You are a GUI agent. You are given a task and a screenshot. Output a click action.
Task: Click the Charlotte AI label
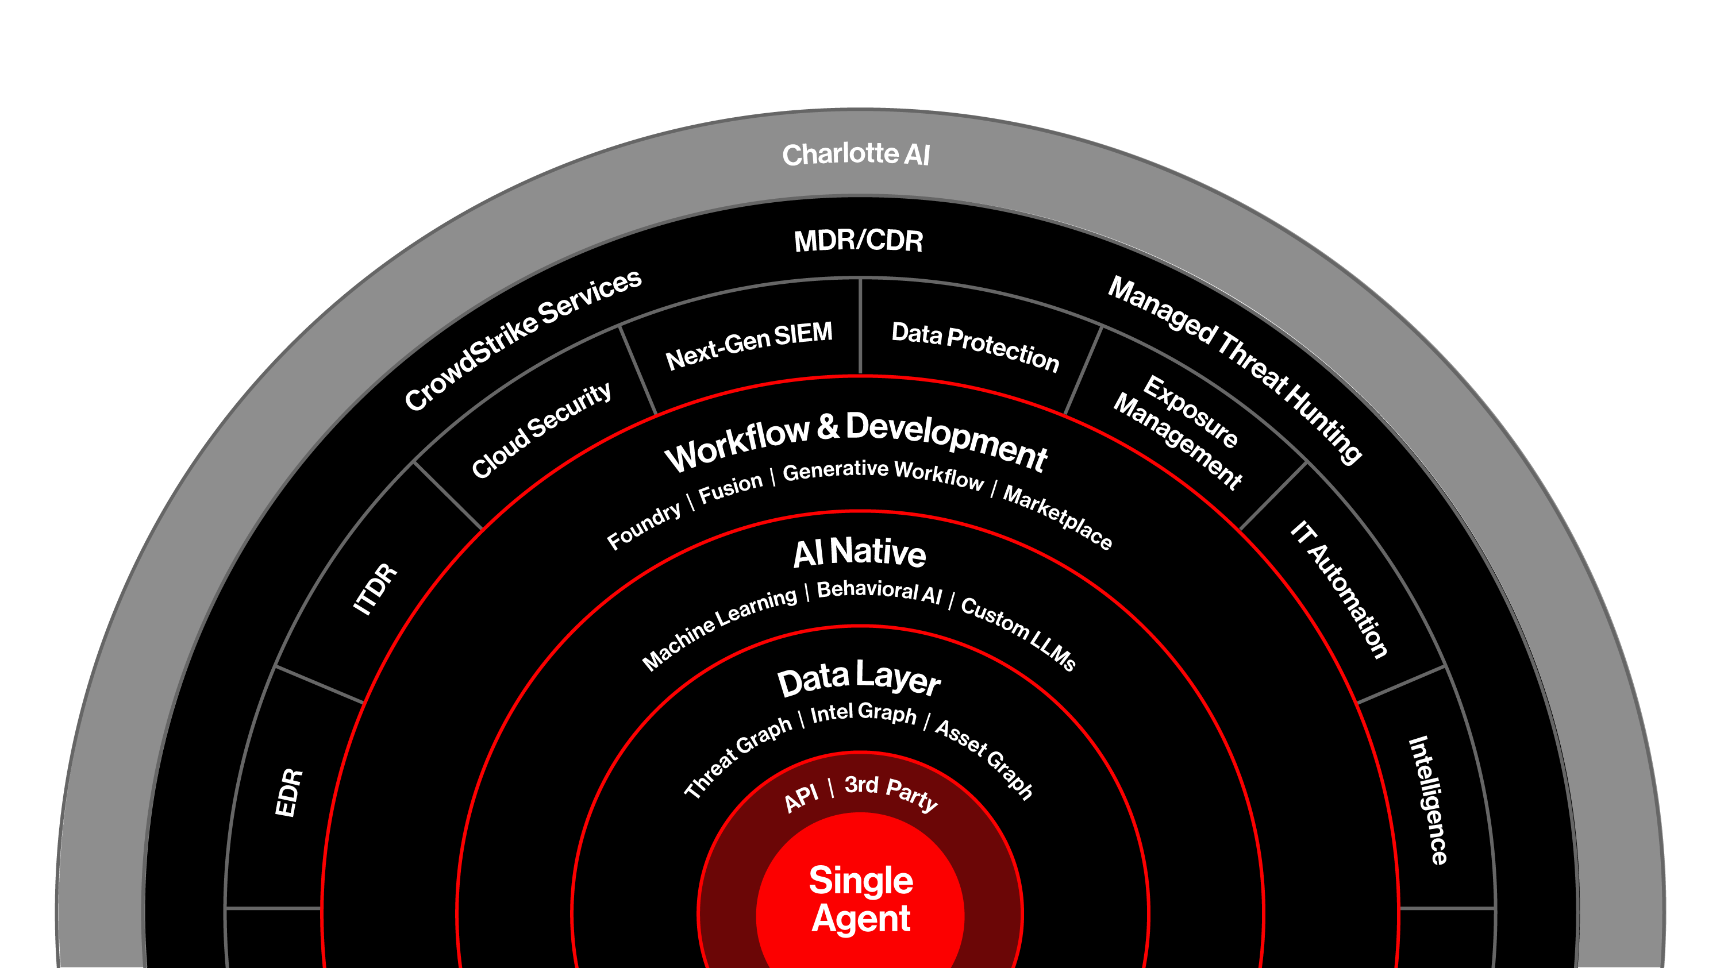[856, 155]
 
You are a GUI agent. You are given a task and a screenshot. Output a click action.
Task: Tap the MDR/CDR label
[858, 241]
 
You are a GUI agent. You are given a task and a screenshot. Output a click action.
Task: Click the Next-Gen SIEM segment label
[749, 345]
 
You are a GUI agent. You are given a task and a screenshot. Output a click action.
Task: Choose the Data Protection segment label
[975, 346]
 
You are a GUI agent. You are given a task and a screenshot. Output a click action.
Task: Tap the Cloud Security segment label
[541, 430]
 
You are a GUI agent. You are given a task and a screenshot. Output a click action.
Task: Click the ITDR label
[375, 589]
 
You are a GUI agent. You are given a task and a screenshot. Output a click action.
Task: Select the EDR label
[289, 793]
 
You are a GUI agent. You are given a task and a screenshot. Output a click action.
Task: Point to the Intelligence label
[1428, 800]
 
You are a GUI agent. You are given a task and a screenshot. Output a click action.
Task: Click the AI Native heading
[859, 553]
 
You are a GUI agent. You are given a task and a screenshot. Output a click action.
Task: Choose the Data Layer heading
[859, 679]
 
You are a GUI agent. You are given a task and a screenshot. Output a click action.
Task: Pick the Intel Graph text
[863, 713]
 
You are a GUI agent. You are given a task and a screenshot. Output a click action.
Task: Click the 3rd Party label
[891, 792]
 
